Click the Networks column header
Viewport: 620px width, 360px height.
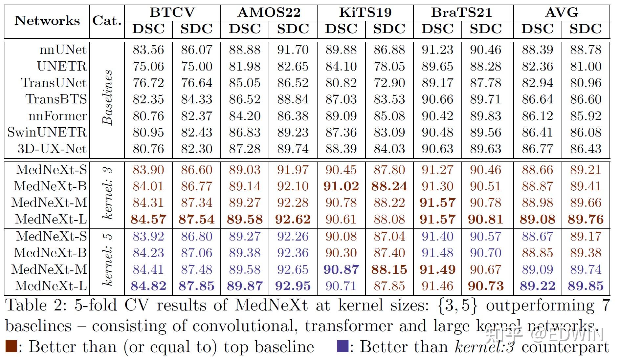pyautogui.click(x=47, y=21)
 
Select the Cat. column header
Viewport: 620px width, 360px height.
pyautogui.click(x=107, y=21)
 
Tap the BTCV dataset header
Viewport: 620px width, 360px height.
pyautogui.click(x=172, y=12)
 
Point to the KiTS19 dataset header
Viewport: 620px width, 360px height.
pyautogui.click(x=365, y=12)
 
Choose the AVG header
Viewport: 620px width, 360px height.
pyautogui.click(x=561, y=12)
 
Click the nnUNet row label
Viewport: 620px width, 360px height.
pyautogui.click(x=63, y=50)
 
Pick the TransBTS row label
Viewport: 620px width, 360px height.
pyautogui.click(x=56, y=99)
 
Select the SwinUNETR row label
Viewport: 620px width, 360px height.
pyautogui.click(x=47, y=132)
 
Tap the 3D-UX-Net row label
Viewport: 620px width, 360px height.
pyautogui.click(x=52, y=149)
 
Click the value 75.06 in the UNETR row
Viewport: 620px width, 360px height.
pyautogui.click(x=148, y=66)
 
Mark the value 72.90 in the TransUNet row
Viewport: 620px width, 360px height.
pyautogui.click(x=389, y=83)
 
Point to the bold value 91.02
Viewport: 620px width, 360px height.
pyautogui.click(x=341, y=186)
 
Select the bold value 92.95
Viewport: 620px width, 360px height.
pyautogui.click(x=293, y=286)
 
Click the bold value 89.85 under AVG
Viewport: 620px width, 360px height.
pyautogui.click(x=586, y=286)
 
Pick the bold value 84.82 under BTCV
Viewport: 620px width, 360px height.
pyautogui.click(x=148, y=286)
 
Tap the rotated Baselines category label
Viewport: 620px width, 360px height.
pyautogui.click(x=107, y=98)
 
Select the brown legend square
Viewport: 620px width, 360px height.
pyautogui.click(x=11, y=347)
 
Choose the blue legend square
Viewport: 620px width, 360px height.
pyautogui.click(x=343, y=347)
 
